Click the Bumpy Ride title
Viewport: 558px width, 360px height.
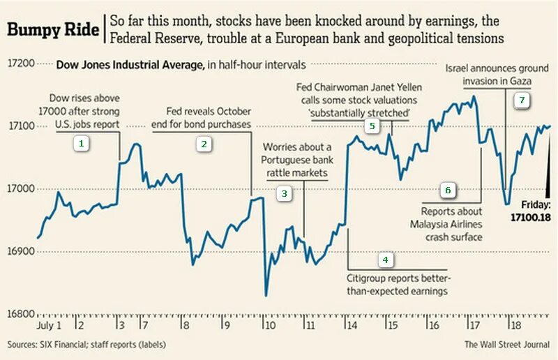(x=53, y=29)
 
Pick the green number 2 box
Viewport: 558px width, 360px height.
(x=204, y=144)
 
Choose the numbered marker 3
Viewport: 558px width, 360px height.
(x=284, y=193)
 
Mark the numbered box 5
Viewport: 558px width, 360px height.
(x=372, y=126)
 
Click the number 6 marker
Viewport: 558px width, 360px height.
(x=448, y=189)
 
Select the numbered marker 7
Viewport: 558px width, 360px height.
(x=520, y=100)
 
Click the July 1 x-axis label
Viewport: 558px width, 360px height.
(x=49, y=326)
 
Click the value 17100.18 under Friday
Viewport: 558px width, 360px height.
(x=531, y=217)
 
